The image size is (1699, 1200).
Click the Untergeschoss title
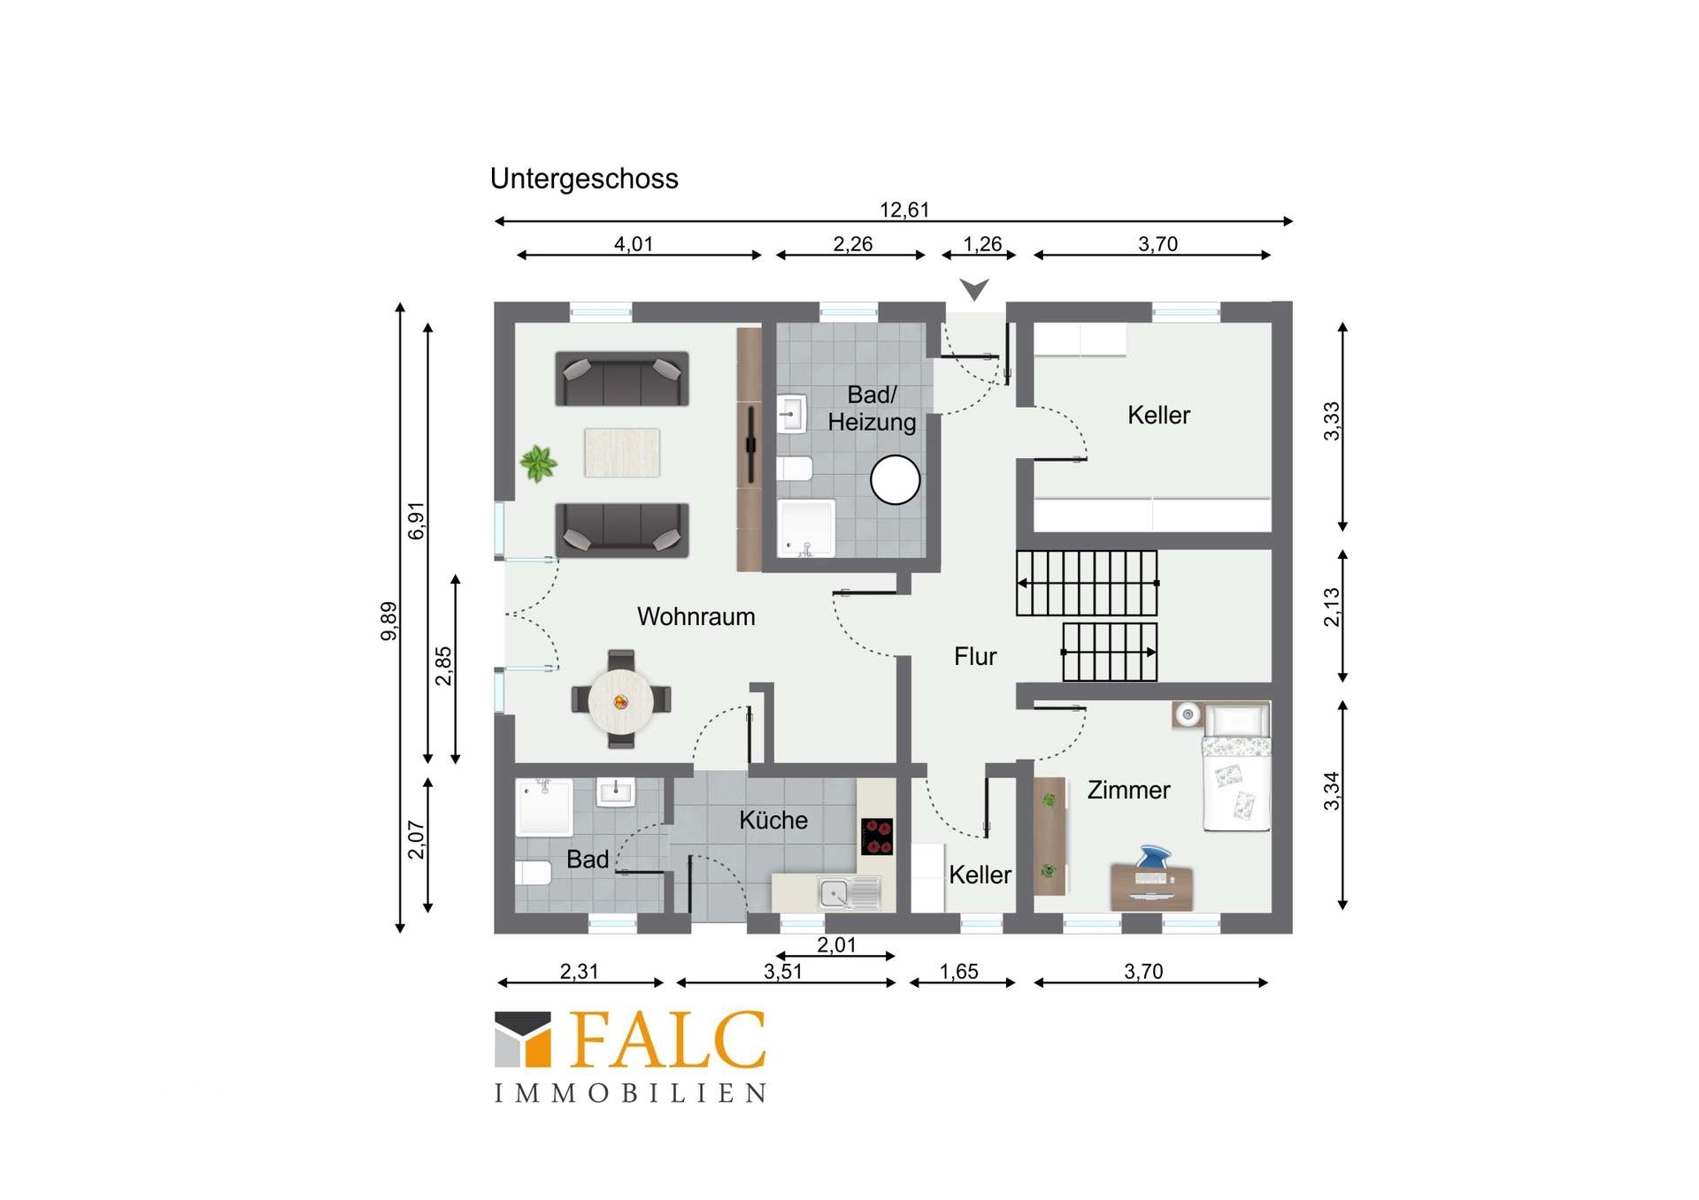point(584,179)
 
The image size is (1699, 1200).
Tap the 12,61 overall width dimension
point(904,210)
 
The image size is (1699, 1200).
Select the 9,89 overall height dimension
point(388,621)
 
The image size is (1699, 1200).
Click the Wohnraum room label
point(696,616)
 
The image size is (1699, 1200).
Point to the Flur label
point(975,656)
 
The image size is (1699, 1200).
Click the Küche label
point(773,820)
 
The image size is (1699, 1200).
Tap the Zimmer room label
point(1128,790)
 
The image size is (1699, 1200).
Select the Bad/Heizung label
point(872,408)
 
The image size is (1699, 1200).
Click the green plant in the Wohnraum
point(538,462)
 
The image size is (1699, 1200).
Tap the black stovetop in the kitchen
point(877,837)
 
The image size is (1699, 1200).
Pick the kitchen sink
point(849,893)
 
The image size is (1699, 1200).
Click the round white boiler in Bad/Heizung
point(896,479)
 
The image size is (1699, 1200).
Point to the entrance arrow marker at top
point(974,289)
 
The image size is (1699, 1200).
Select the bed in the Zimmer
point(1236,767)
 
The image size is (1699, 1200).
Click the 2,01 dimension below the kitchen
point(836,944)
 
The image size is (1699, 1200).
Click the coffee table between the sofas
point(622,453)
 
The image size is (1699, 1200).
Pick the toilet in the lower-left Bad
point(533,873)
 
